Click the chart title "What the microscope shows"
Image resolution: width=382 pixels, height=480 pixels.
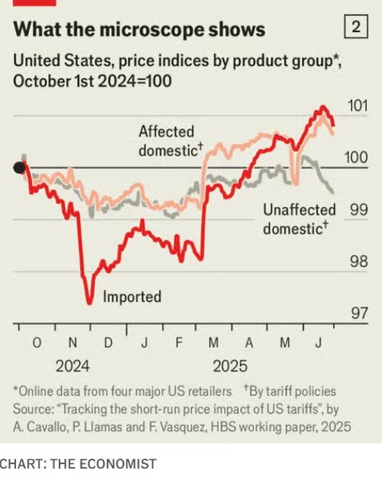[x=140, y=29]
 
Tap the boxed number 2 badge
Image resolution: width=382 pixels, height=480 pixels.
[x=355, y=28]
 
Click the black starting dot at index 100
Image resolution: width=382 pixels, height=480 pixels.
[x=19, y=168]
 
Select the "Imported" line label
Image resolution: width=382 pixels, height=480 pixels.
[x=132, y=297]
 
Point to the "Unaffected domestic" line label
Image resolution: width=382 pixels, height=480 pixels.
[x=299, y=219]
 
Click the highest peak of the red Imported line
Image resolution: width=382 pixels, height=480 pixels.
[x=322, y=107]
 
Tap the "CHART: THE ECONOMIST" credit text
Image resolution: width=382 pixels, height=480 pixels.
[x=78, y=463]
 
